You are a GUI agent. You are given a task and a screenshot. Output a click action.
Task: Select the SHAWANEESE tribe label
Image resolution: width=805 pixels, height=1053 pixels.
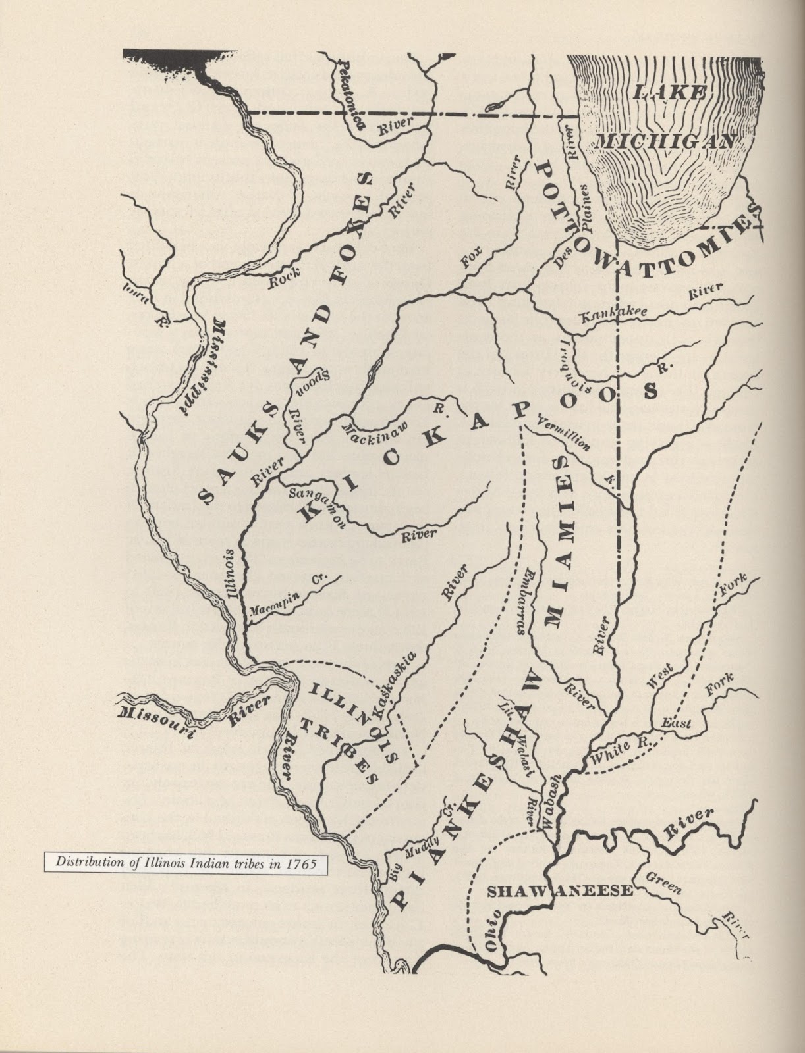coord(560,891)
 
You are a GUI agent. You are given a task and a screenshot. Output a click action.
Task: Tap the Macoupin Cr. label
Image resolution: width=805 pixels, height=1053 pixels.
coord(289,597)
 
